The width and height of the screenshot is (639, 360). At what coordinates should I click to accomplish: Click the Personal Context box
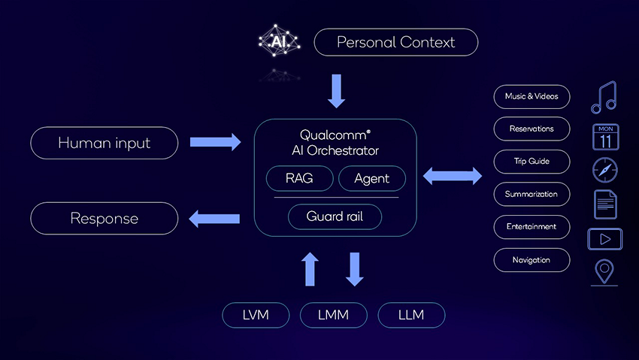395,42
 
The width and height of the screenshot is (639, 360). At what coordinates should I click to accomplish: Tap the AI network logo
279,41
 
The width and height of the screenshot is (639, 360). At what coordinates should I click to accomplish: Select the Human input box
104,142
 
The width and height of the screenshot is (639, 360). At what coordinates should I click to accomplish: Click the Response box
104,219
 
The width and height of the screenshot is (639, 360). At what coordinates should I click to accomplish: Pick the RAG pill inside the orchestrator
298,179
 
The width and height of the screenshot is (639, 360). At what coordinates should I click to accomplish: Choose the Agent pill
372,179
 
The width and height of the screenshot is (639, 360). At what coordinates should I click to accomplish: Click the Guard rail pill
335,216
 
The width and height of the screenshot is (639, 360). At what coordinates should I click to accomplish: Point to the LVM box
256,315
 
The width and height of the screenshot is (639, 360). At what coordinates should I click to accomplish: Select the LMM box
334,315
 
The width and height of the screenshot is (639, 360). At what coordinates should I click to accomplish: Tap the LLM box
411,315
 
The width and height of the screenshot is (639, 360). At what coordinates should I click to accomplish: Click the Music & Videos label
531,96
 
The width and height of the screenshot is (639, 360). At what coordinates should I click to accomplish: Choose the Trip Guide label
531,162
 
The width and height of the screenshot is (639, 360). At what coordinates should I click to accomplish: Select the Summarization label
531,194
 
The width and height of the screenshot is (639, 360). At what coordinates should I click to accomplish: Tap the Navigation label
531,260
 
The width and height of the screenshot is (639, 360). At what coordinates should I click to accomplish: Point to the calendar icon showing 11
605,138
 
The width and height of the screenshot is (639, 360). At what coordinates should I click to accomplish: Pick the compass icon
605,171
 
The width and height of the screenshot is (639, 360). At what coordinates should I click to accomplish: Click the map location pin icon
604,272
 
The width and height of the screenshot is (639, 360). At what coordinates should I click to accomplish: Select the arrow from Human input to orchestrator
215,141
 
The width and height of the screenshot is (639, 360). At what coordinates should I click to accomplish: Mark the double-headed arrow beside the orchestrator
453,177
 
